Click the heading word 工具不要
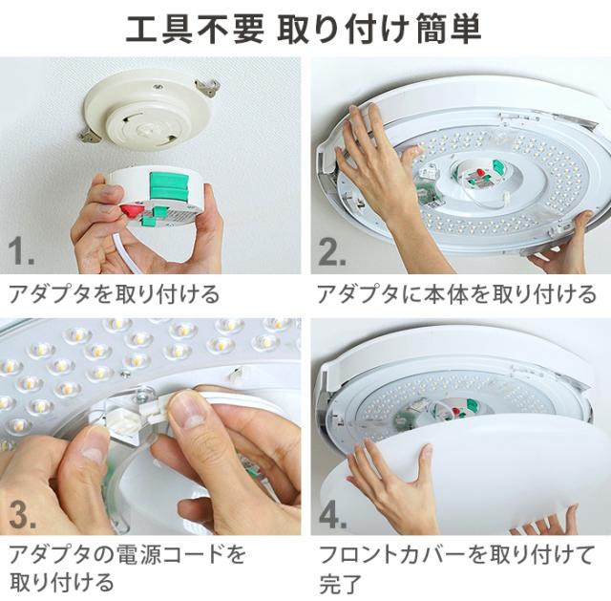point(195,29)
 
